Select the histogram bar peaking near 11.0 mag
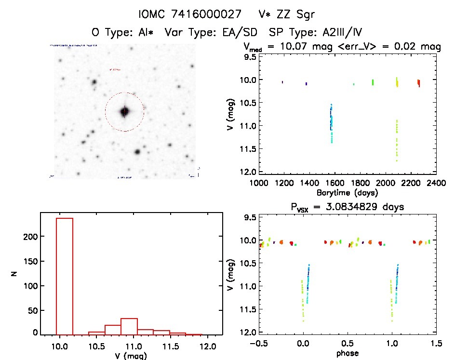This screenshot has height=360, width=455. pyautogui.click(x=130, y=326)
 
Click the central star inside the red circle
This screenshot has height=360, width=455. pyautogui.click(x=125, y=111)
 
